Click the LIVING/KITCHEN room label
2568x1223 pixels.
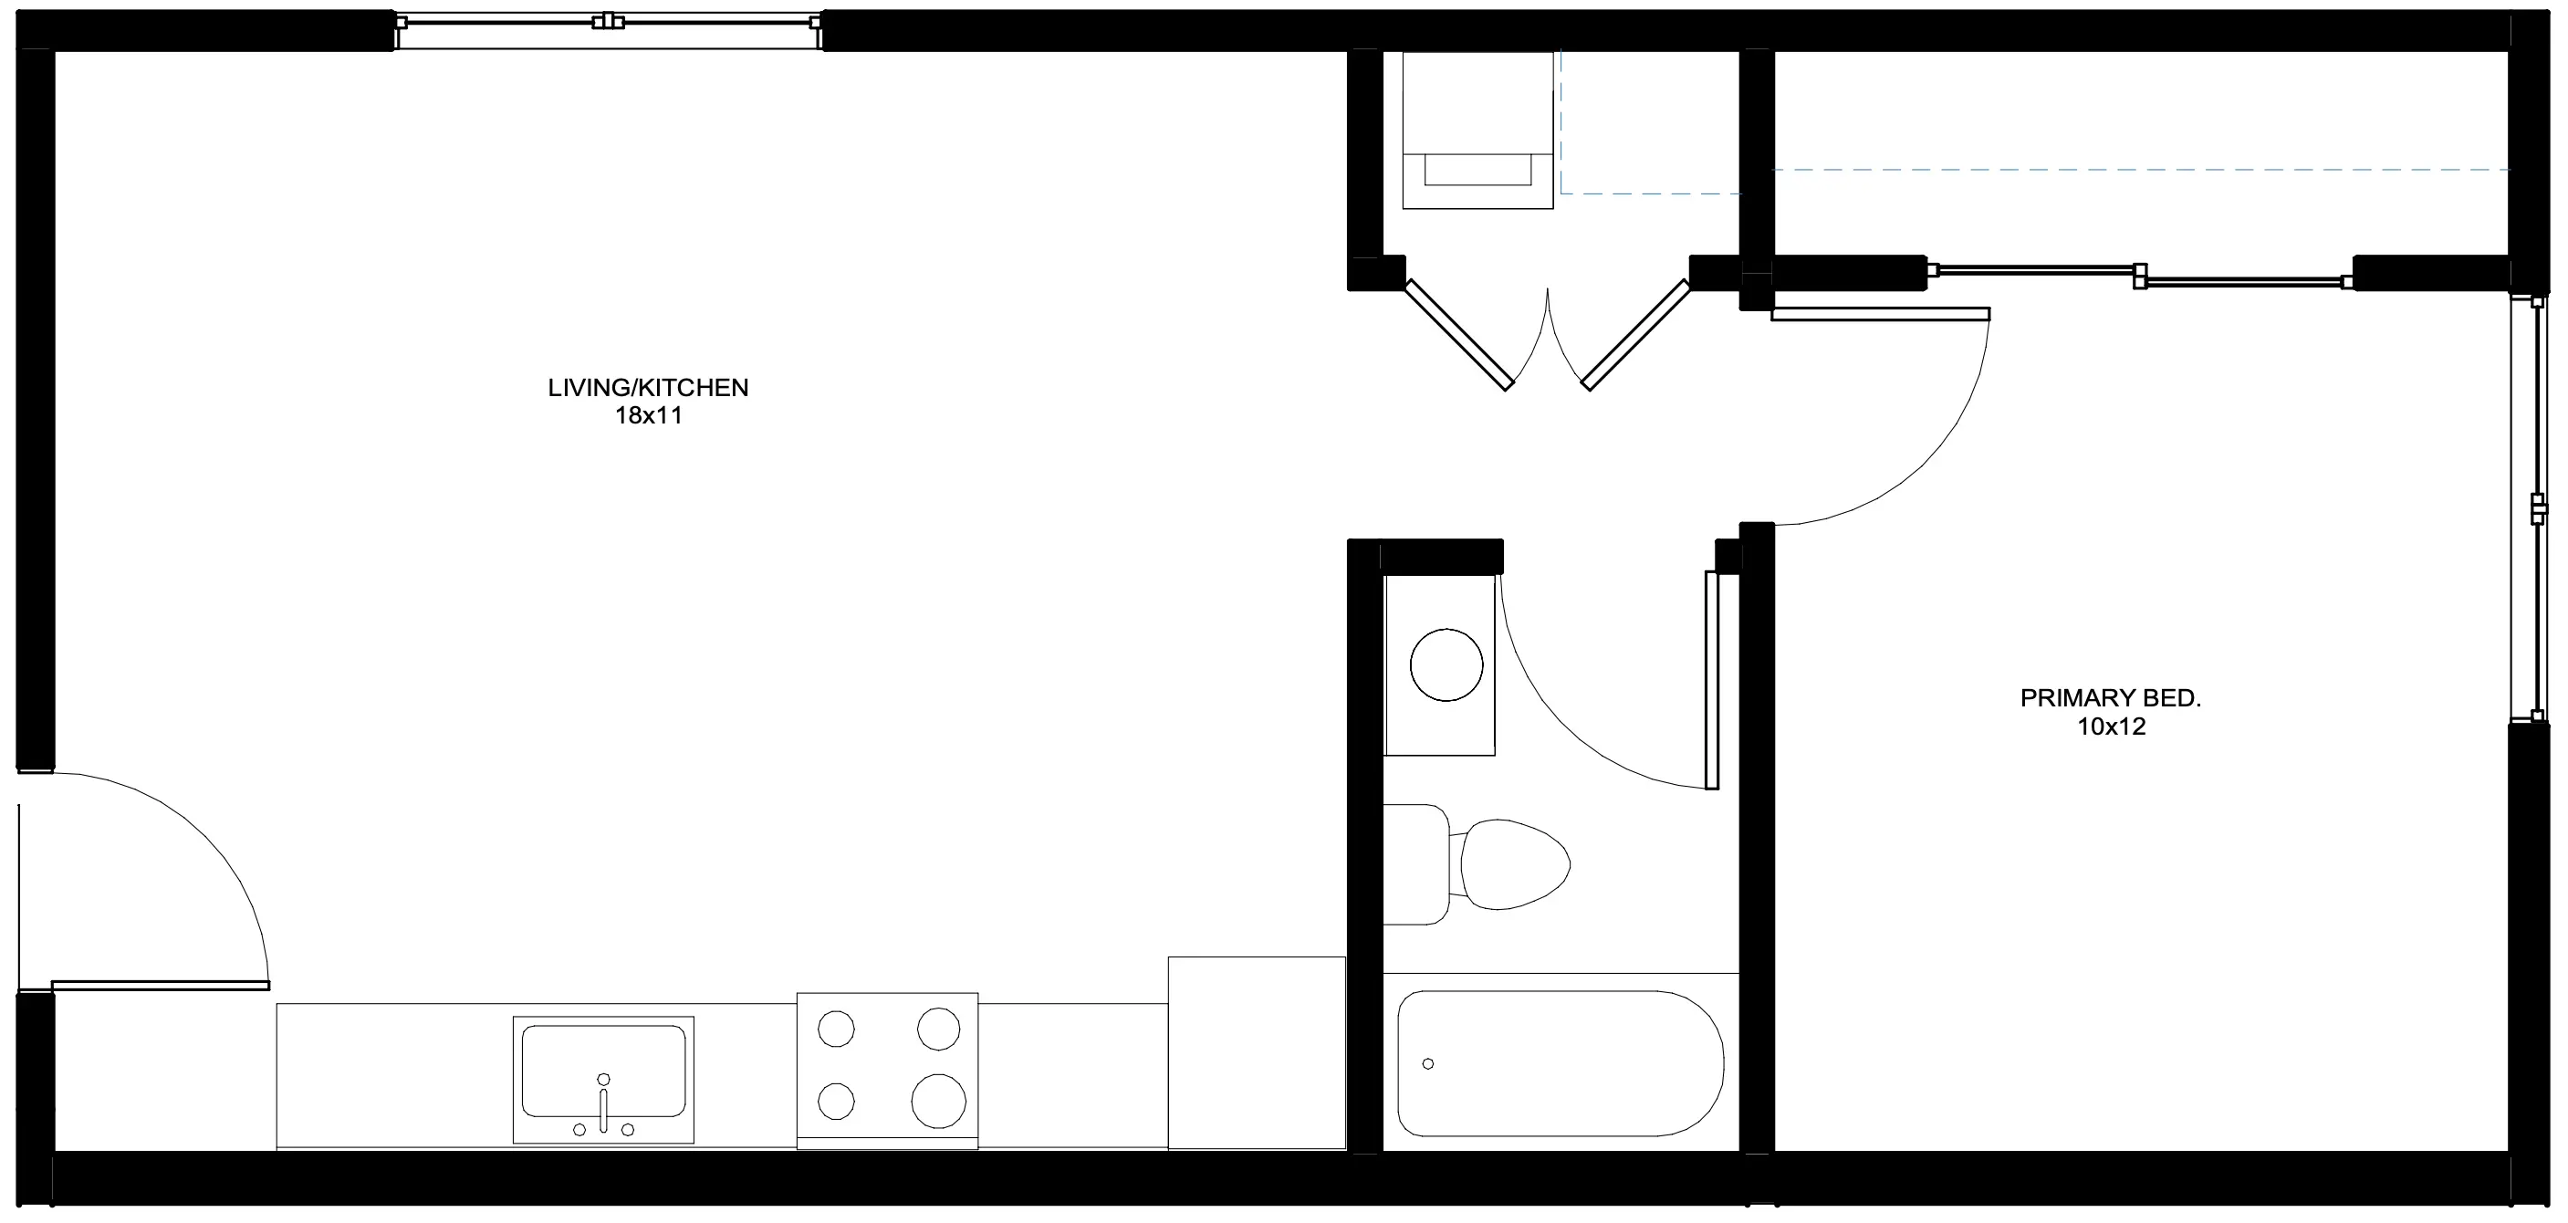tap(648, 388)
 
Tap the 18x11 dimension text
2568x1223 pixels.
tap(648, 415)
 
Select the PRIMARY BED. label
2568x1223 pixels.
tap(2111, 699)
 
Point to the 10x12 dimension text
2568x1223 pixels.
tap(2111, 726)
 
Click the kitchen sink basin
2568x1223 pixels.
tap(603, 1071)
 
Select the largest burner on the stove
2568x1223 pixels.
tap(938, 1101)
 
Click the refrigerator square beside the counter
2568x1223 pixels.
tap(1256, 1052)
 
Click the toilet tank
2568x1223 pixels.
tap(1416, 864)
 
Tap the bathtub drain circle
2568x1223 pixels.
tap(1427, 1064)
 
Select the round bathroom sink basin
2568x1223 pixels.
tap(1446, 664)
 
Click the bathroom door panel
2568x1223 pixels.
tap(1712, 680)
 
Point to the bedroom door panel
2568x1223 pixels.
tap(1880, 314)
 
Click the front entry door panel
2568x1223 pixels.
tap(160, 986)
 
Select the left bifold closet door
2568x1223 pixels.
tap(1459, 335)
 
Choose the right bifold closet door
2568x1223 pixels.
tap(1636, 335)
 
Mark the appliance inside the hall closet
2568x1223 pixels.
tap(1477, 131)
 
